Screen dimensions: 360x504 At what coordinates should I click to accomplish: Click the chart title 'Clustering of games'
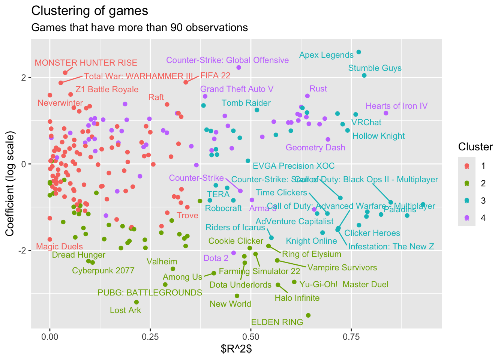click(x=90, y=11)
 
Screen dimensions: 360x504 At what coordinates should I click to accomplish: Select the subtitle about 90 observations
click(x=139, y=28)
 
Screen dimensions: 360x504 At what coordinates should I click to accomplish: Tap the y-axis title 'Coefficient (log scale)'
click(x=10, y=184)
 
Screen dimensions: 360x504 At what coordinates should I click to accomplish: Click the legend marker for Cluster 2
click(x=467, y=183)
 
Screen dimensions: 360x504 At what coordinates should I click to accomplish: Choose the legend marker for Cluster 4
click(x=467, y=218)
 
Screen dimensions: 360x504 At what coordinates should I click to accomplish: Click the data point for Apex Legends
click(x=358, y=52)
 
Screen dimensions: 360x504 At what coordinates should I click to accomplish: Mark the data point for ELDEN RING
click(x=308, y=315)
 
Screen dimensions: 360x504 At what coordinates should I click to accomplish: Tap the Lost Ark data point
click(x=136, y=302)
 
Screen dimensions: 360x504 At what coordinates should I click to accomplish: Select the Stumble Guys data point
click(x=364, y=75)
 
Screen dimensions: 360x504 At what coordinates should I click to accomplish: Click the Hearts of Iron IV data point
click(x=386, y=113)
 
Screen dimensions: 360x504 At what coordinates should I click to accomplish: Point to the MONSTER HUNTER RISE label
click(x=86, y=63)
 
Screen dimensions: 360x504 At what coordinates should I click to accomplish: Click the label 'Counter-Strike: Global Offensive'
click(x=227, y=60)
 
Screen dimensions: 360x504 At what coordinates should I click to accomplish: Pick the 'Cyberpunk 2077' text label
click(x=103, y=271)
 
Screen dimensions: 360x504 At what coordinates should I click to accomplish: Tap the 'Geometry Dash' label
click(x=315, y=148)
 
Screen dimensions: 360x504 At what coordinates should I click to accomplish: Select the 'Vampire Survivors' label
click(x=342, y=268)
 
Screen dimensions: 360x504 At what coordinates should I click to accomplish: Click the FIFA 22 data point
click(x=186, y=82)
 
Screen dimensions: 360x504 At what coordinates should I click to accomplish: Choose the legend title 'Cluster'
click(x=475, y=147)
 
